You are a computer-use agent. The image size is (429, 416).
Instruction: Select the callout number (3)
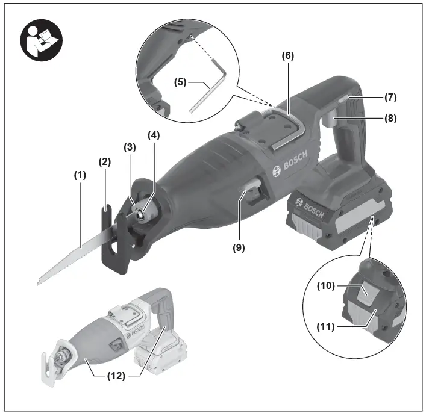pos(130,146)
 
